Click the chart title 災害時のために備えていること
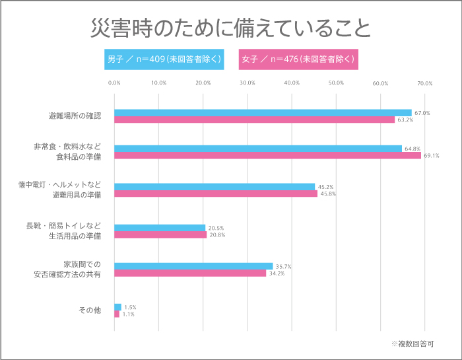pyautogui.click(x=230, y=28)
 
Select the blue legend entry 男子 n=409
pyautogui.click(x=164, y=59)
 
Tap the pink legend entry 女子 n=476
pyautogui.click(x=298, y=59)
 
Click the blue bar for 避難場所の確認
pyautogui.click(x=263, y=112)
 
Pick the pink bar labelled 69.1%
pyautogui.click(x=267, y=156)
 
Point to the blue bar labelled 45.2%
pyautogui.click(x=214, y=186)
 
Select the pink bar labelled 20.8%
pyautogui.click(x=160, y=234)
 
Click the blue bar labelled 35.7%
pyautogui.click(x=193, y=266)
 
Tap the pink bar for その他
pyautogui.click(x=117, y=314)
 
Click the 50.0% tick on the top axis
pyautogui.click(x=336, y=83)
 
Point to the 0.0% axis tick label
pyautogui.click(x=114, y=83)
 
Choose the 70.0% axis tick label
pyautogui.click(x=424, y=83)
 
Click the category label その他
pyautogui.click(x=90, y=310)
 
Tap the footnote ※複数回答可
pyautogui.click(x=412, y=344)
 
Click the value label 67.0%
pyautogui.click(x=422, y=113)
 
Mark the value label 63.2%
pyautogui.click(x=405, y=120)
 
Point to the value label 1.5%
pyautogui.click(x=130, y=307)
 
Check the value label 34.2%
pyautogui.click(x=277, y=273)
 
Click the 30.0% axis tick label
pyautogui.click(x=247, y=83)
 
